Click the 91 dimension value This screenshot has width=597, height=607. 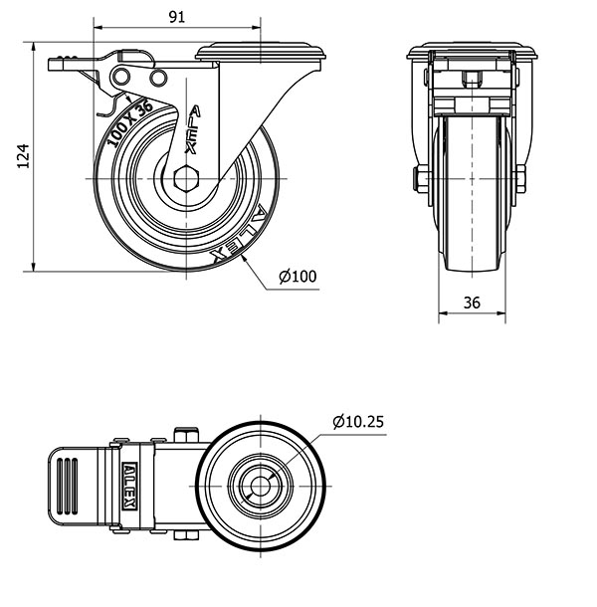pos(175,16)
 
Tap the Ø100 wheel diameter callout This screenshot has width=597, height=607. pos(298,277)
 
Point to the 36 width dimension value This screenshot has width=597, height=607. pos(473,303)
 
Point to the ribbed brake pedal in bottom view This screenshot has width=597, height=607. pos(76,487)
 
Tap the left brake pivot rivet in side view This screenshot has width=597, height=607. pos(123,78)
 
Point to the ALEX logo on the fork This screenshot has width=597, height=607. pos(193,129)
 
